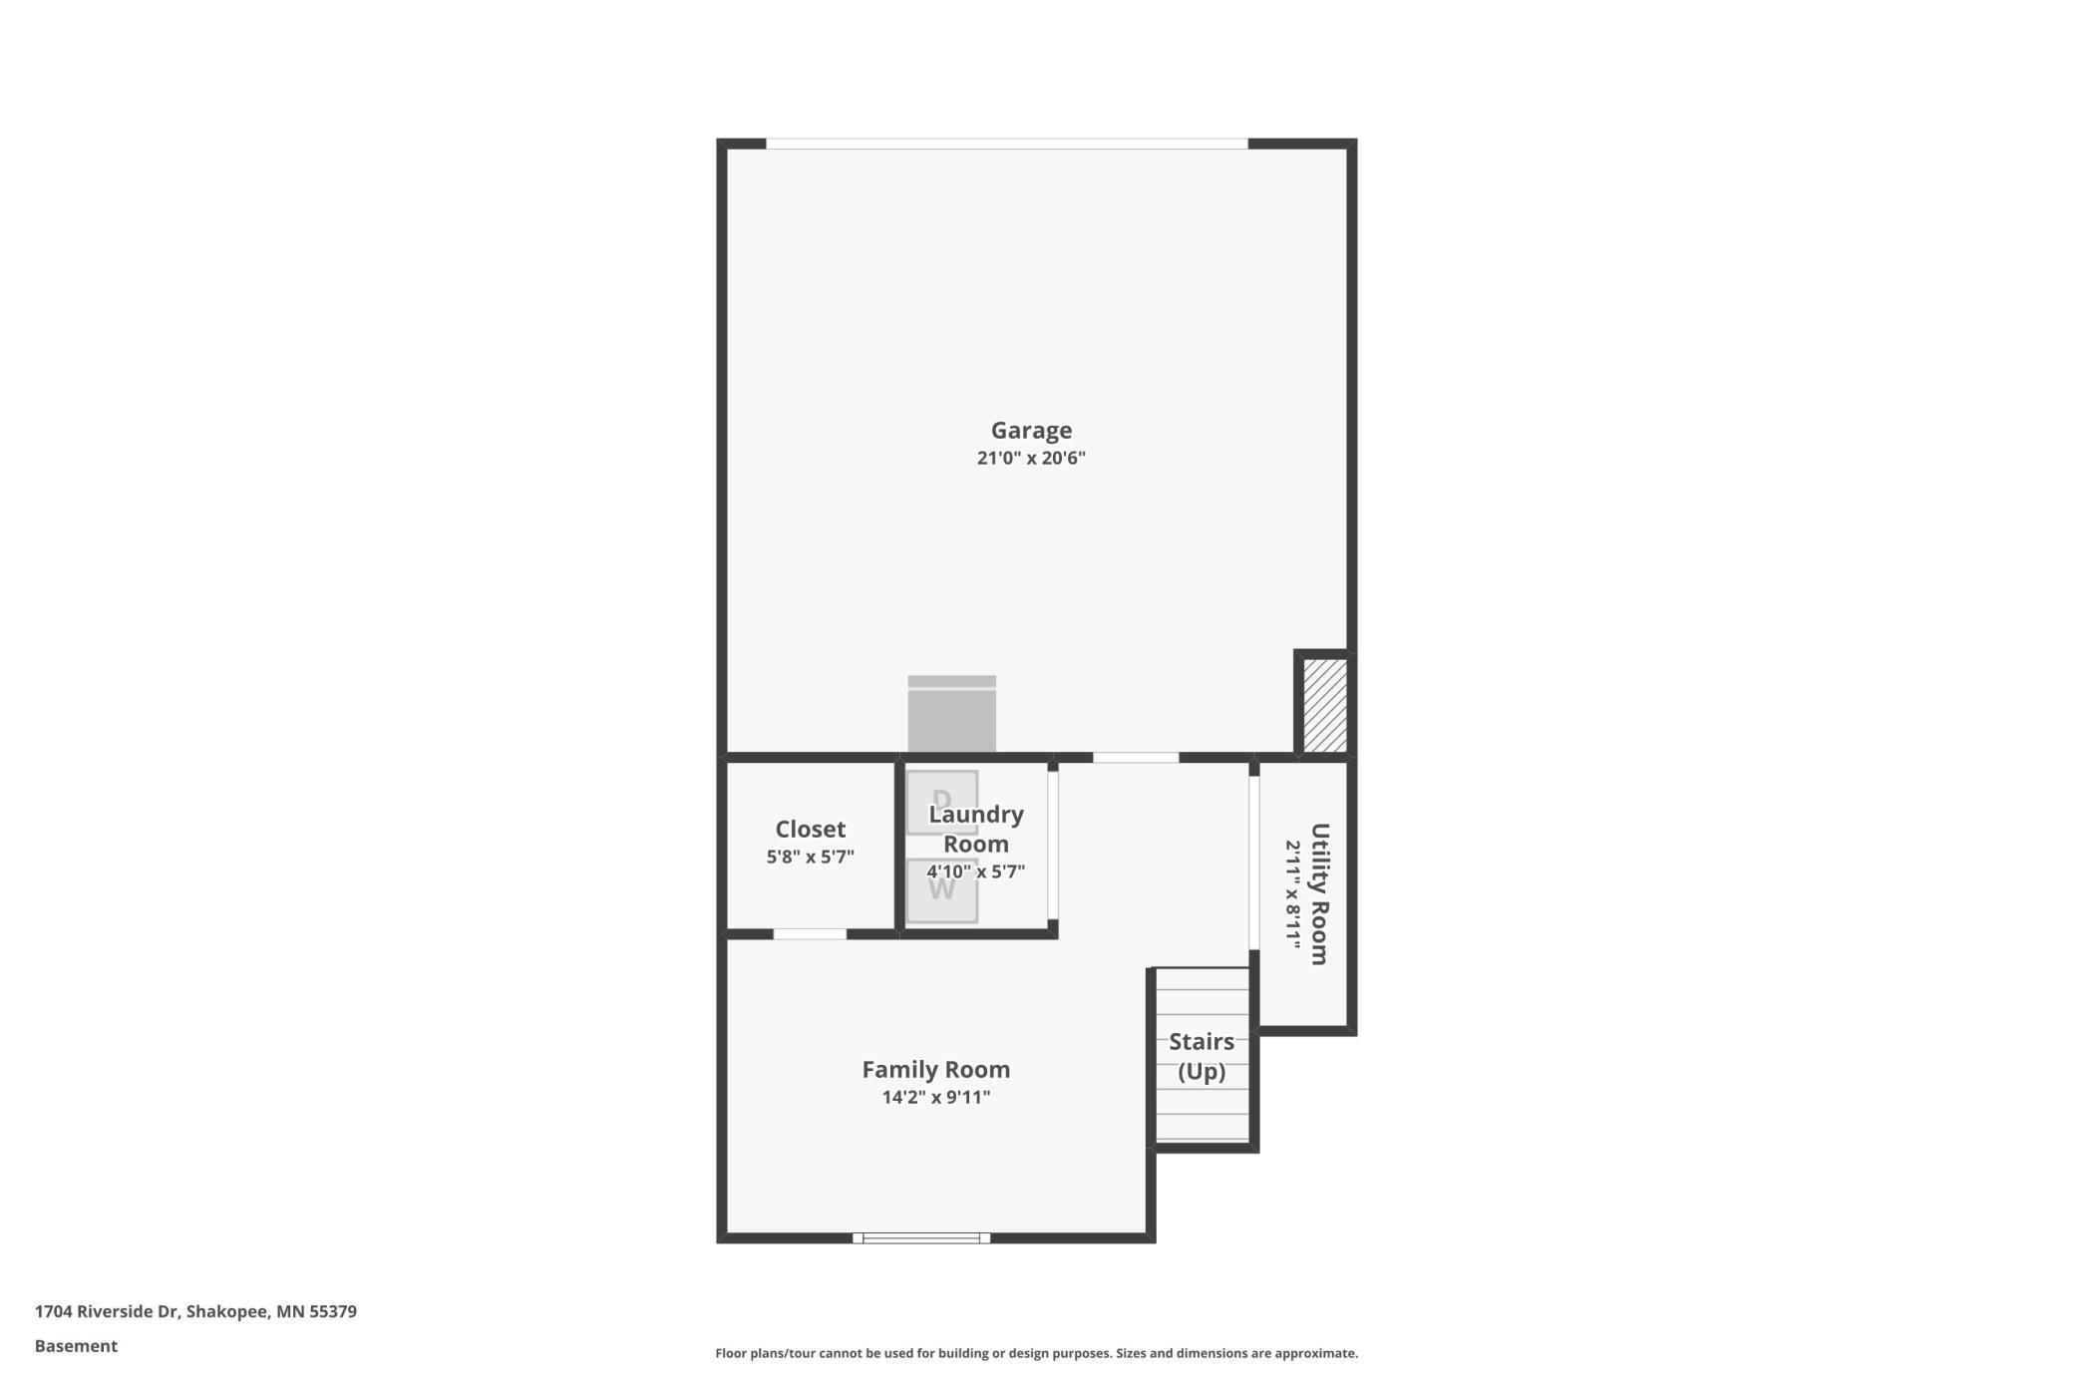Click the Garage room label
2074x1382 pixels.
pos(1031,431)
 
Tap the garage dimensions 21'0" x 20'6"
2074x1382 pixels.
pos(1031,459)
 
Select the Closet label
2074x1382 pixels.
pos(811,830)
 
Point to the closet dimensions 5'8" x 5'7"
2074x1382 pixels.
pos(811,857)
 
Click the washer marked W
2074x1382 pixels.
pos(941,889)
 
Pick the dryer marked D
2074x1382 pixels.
pos(941,802)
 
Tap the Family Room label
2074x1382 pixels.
pos(936,1070)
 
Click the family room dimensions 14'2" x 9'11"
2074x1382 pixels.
pos(936,1098)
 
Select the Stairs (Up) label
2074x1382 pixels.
pos(1202,1057)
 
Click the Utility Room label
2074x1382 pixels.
pos(1319,894)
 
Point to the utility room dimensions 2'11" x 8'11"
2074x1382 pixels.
pos(1292,894)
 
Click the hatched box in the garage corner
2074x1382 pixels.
pos(1325,705)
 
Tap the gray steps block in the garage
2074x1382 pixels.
pos(951,714)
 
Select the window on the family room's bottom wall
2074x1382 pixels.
pos(921,1238)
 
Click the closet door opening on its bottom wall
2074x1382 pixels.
pos(810,934)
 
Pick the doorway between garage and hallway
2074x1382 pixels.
pos(1136,758)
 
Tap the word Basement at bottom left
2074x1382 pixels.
pos(76,1346)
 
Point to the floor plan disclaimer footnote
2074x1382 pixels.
pos(1037,1353)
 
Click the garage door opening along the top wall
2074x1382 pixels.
pos(1007,144)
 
